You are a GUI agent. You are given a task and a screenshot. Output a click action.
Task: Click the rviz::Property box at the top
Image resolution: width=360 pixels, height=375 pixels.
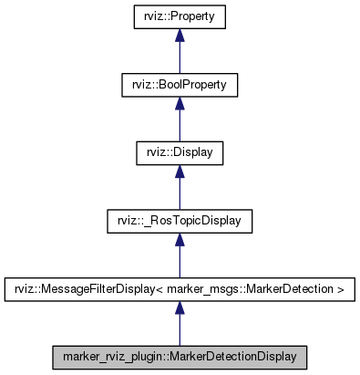(180, 17)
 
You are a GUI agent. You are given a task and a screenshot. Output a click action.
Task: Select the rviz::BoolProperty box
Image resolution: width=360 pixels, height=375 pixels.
(180, 85)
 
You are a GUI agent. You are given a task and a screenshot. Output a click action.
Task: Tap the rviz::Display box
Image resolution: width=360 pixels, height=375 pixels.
(180, 152)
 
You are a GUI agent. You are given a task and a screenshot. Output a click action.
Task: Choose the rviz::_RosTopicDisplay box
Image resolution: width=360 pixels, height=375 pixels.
(180, 220)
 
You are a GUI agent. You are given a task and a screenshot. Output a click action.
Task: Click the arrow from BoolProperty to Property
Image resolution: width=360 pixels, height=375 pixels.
(180, 55)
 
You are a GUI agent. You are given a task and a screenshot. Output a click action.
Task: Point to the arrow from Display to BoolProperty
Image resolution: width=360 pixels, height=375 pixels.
(180, 122)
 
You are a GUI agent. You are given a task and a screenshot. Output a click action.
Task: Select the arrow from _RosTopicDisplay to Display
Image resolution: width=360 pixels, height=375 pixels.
(180, 190)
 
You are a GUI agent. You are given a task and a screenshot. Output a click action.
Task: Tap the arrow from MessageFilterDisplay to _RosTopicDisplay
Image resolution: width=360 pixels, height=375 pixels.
(180, 257)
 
